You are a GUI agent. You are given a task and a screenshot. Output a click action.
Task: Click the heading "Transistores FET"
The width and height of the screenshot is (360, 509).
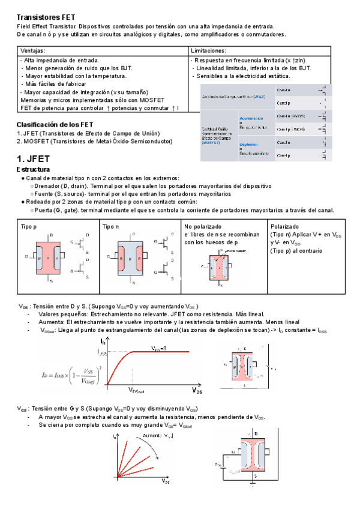click(x=46, y=17)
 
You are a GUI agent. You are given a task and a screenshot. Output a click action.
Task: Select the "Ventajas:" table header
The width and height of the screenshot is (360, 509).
click(x=32, y=51)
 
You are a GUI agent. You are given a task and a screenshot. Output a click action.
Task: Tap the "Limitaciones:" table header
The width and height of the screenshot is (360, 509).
click(x=208, y=51)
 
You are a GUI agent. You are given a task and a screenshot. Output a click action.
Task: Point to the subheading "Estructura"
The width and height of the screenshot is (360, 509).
click(x=34, y=170)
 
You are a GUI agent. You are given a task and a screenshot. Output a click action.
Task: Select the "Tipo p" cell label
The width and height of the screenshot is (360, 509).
click(x=29, y=226)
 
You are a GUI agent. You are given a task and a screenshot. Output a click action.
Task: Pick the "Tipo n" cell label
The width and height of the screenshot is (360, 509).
click(x=111, y=226)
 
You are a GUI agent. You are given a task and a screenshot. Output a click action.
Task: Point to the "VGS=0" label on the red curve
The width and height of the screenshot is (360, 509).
click(x=158, y=348)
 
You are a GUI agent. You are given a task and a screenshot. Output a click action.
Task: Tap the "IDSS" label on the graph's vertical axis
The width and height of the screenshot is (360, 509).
click(x=101, y=354)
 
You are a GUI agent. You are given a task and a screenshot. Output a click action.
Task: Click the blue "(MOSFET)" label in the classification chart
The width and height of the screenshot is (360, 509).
click(x=211, y=143)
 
